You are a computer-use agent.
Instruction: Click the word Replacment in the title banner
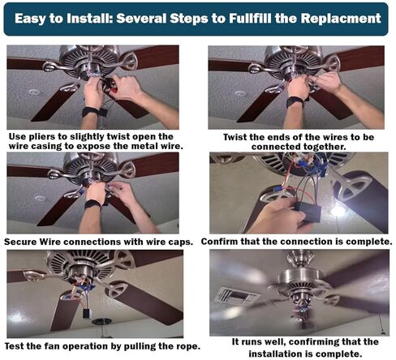tap(341, 19)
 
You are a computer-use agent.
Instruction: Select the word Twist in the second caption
tap(235, 137)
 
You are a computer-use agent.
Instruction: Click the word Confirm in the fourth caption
tap(219, 242)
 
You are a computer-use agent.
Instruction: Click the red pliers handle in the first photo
tap(114, 89)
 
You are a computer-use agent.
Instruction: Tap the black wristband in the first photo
tap(91, 111)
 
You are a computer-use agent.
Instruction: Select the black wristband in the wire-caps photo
tap(93, 204)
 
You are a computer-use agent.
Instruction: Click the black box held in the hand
tap(308, 210)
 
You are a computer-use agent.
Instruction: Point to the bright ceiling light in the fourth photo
tap(338, 211)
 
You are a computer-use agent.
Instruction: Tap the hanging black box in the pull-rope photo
tap(87, 314)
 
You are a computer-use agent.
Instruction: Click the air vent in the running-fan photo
tap(235, 297)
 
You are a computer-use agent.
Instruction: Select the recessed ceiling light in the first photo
tap(34, 92)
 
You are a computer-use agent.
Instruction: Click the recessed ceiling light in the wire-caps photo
tap(41, 198)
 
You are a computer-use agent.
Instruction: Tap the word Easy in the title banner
tap(30, 19)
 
